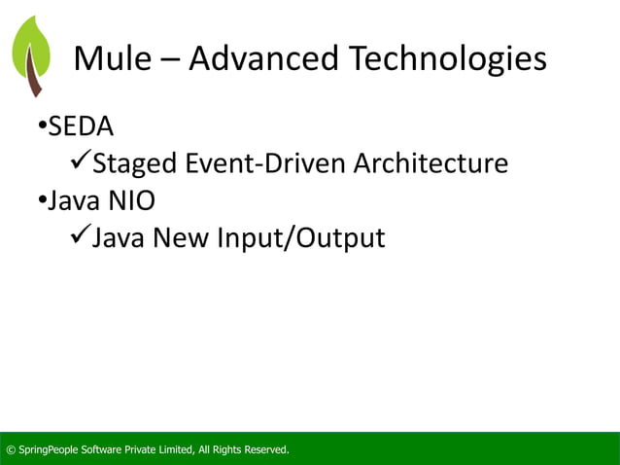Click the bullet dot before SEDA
(43, 126)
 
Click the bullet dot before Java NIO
(43, 200)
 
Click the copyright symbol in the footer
(11, 449)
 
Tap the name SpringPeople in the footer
(50, 449)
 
